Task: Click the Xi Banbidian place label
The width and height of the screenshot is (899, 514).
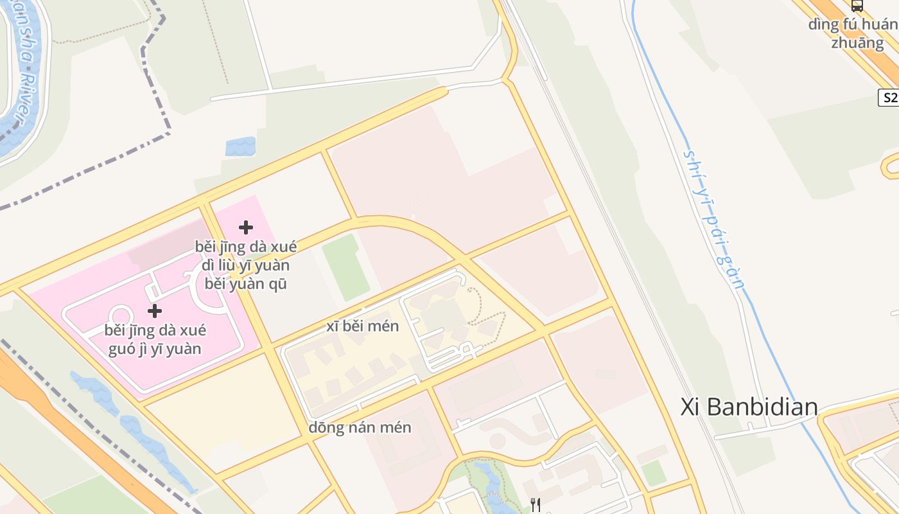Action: point(749,407)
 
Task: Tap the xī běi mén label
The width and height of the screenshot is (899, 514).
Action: point(363,326)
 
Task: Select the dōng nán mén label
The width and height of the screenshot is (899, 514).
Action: point(360,427)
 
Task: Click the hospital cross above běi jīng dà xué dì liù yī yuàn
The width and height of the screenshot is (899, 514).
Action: point(245,227)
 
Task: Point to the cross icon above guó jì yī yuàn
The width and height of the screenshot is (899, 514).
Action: point(154,311)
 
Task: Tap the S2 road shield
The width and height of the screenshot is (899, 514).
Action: point(889,98)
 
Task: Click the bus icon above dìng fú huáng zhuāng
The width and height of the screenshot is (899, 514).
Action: point(857,6)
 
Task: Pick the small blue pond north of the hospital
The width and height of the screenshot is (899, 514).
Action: point(240,146)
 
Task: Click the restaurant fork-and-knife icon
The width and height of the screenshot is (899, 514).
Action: point(536,505)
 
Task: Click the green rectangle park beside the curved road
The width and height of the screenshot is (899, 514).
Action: point(345,267)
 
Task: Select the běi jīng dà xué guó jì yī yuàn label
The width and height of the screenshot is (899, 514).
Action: point(155,339)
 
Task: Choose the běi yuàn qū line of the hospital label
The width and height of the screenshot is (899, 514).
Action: point(245,283)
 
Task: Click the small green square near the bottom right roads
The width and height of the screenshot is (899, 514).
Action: point(654,473)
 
